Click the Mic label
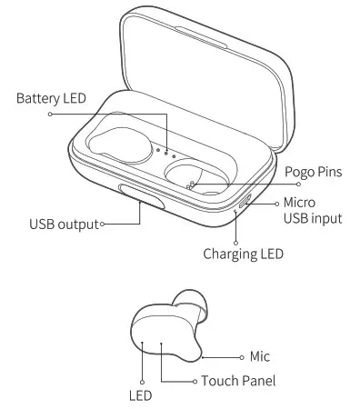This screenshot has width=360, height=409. coord(261,357)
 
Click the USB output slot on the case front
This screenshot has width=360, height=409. coord(141,197)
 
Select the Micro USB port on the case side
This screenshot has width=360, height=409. coord(244,203)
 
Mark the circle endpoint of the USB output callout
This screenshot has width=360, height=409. coord(103,223)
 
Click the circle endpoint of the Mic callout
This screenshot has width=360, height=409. coord(243,357)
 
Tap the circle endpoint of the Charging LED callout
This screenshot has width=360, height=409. coord(236,244)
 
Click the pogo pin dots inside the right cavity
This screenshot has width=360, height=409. coord(189,185)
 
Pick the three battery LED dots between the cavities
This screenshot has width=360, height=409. coord(166,151)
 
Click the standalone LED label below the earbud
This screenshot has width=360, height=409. coord(141,396)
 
